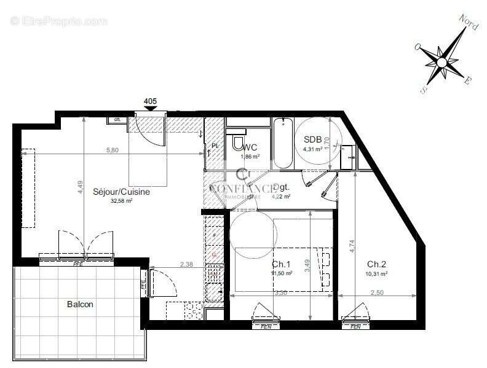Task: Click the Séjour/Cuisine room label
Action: pyautogui.click(x=121, y=192)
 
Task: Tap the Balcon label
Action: pyautogui.click(x=81, y=304)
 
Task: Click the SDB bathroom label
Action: pyautogui.click(x=312, y=139)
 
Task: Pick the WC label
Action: pyautogui.click(x=250, y=147)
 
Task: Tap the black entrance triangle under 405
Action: pyautogui.click(x=150, y=109)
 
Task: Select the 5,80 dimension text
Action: pyautogui.click(x=113, y=149)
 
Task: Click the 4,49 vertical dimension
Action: pyautogui.click(x=80, y=186)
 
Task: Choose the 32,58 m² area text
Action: pyautogui.click(x=121, y=200)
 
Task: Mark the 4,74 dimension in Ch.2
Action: pyautogui.click(x=352, y=238)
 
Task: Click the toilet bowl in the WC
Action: pyautogui.click(x=237, y=144)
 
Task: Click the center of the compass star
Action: pyautogui.click(x=442, y=62)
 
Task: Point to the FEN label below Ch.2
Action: pyautogui.click(x=355, y=327)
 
